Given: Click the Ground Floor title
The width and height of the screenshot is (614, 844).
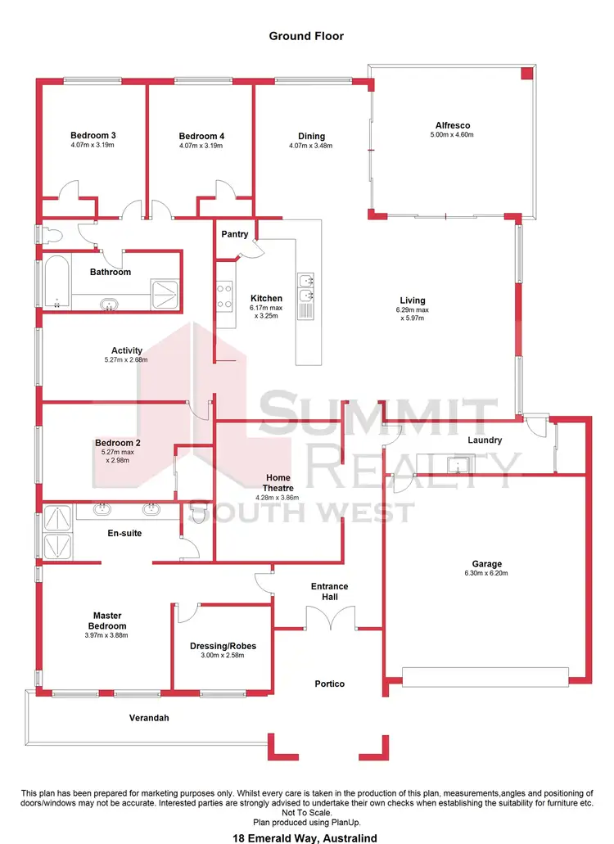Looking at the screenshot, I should (306, 36).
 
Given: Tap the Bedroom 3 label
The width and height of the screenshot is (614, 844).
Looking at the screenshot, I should (93, 136).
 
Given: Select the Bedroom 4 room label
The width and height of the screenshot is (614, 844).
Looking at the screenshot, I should (201, 136).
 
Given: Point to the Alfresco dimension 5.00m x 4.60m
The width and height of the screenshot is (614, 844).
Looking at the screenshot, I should (452, 135).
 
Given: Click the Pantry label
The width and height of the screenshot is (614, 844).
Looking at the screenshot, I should (235, 234).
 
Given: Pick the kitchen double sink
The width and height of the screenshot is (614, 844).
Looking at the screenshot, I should (306, 287).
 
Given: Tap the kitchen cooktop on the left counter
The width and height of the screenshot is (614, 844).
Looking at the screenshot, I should (224, 294).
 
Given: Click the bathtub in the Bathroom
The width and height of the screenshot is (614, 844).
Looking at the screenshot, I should (56, 282).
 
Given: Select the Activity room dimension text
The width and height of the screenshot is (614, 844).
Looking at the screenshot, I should (127, 360).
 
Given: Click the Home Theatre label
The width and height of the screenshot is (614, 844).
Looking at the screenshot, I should (278, 482).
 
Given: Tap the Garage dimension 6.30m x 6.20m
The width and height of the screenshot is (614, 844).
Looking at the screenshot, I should (486, 574).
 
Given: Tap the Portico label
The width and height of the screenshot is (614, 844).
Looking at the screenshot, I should (329, 684).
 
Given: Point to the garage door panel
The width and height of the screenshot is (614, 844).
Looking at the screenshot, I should (485, 677).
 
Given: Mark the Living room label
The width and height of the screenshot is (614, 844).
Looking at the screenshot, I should (412, 300).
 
